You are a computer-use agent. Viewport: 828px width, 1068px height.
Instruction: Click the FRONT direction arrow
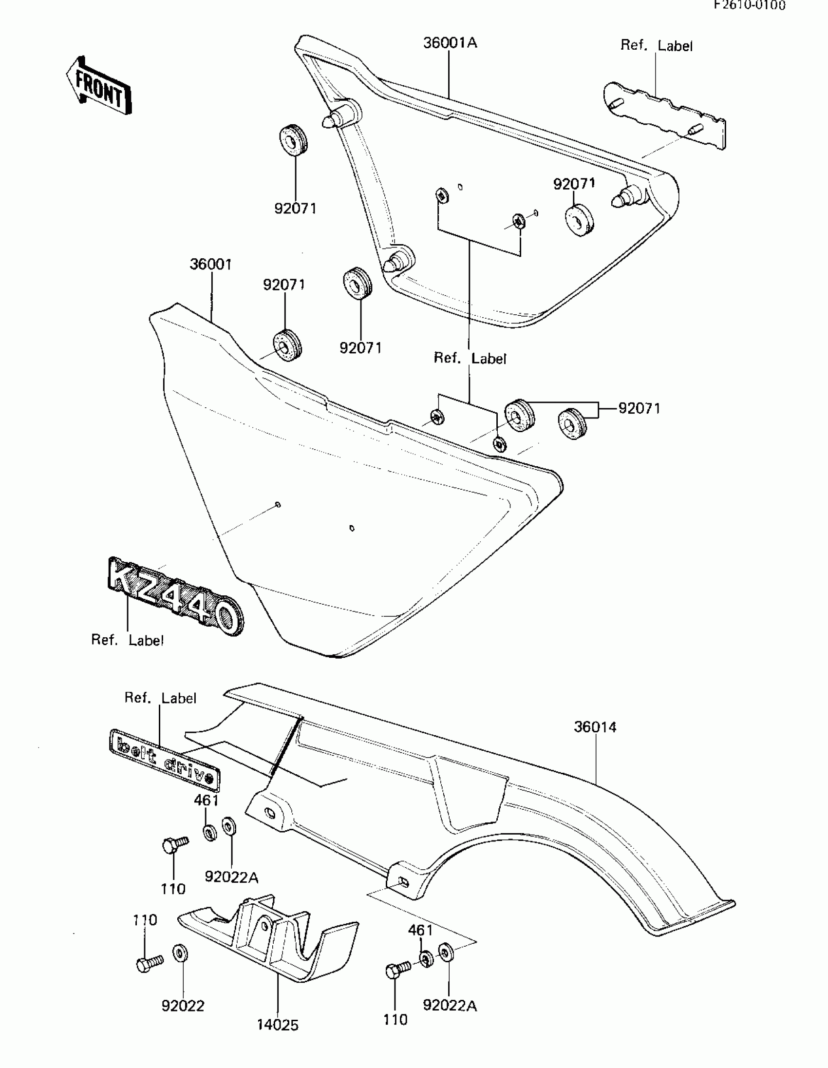99,86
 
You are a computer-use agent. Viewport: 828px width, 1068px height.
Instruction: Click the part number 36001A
450,43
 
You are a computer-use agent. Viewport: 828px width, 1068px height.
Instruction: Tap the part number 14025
277,1025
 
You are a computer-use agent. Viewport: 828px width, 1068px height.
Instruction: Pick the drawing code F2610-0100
749,5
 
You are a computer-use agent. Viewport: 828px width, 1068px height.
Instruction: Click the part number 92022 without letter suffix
183,1006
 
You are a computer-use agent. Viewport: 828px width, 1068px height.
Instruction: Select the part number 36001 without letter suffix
211,265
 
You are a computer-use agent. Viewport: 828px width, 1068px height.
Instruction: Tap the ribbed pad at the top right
665,116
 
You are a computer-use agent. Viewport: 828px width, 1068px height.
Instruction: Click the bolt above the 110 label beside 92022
150,963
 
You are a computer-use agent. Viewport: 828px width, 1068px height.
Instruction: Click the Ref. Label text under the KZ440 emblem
127,640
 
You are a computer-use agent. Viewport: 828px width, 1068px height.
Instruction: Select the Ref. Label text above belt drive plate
160,698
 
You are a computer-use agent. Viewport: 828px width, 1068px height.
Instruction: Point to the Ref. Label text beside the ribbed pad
656,45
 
